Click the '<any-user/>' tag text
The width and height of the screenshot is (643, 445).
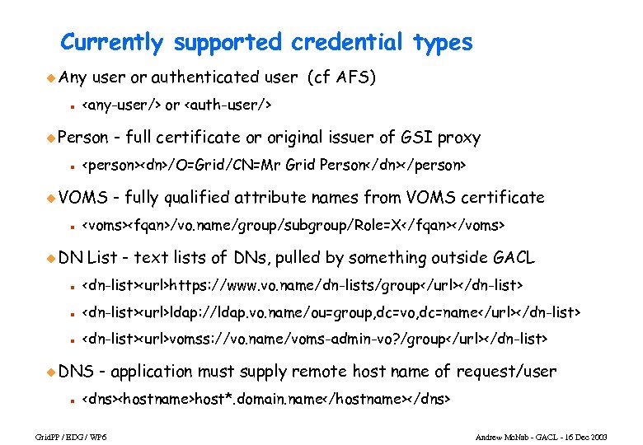click(120, 105)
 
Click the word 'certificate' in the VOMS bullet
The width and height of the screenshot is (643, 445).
click(502, 198)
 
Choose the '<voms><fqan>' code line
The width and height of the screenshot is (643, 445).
click(293, 225)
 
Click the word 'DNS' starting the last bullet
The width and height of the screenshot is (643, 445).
click(77, 372)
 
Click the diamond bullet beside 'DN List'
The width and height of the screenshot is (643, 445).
click(50, 258)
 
